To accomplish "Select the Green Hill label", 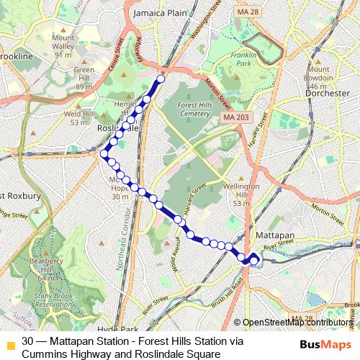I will click(x=84, y=74).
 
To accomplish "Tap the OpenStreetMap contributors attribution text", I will click(x=297, y=323).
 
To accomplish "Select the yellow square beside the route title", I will click(x=10, y=343).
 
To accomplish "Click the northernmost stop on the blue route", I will click(x=161, y=79).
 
